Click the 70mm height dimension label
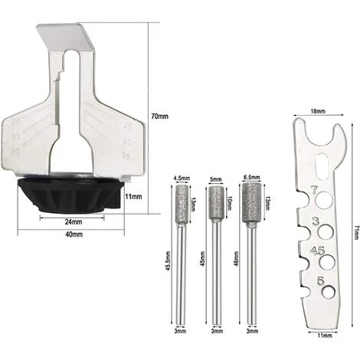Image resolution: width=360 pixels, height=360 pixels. tap(158, 116)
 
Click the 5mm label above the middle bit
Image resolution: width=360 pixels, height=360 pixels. tap(214, 181)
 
